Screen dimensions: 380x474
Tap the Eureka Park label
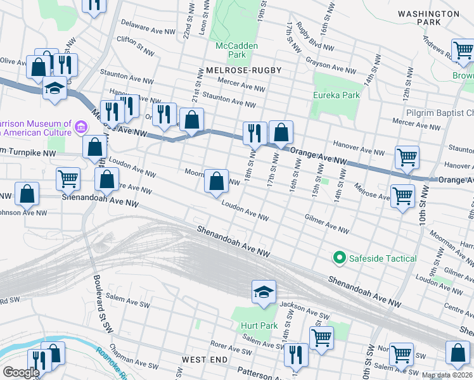(x=336, y=95)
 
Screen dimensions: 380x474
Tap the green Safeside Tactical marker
(x=339, y=258)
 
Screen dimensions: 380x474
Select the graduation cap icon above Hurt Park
(x=264, y=292)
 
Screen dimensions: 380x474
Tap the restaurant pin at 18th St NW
(x=255, y=133)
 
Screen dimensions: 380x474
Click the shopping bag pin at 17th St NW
(x=281, y=132)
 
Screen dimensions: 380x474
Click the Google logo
(x=21, y=372)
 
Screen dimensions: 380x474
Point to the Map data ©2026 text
(x=447, y=375)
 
